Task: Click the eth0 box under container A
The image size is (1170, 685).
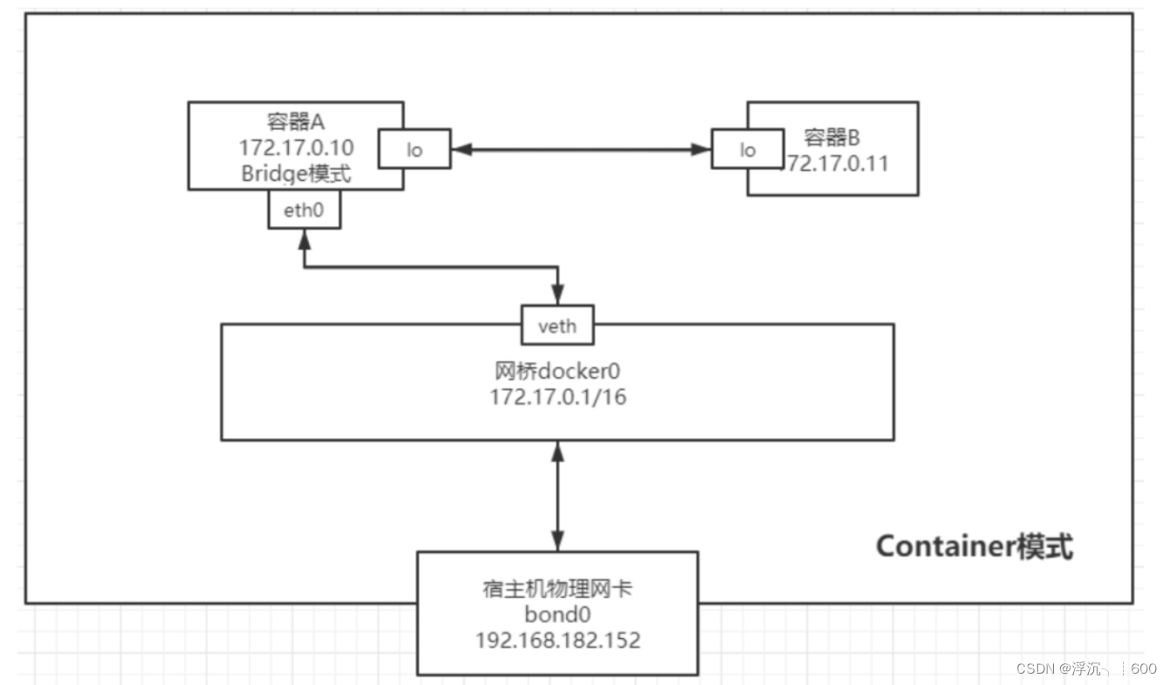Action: pyautogui.click(x=304, y=209)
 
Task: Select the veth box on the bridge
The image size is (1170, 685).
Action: pyautogui.click(x=558, y=325)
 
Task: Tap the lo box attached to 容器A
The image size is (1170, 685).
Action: pyautogui.click(x=414, y=149)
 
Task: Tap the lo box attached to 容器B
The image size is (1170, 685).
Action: pyautogui.click(x=747, y=149)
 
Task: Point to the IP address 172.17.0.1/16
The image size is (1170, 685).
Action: pyautogui.click(x=557, y=397)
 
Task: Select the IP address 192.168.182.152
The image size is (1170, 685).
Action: pyautogui.click(x=558, y=640)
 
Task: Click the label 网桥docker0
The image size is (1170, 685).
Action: pyautogui.click(x=557, y=371)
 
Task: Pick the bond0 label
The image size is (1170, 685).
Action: pyautogui.click(x=558, y=614)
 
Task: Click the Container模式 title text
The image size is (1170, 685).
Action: pyautogui.click(x=974, y=546)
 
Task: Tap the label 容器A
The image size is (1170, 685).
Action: pyautogui.click(x=296, y=120)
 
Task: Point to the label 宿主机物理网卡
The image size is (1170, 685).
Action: pyautogui.click(x=558, y=589)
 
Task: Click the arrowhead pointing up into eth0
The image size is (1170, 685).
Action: pyautogui.click(x=304, y=238)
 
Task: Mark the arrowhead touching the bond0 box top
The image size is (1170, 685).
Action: pyautogui.click(x=558, y=540)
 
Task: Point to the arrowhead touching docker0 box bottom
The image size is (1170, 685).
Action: pyautogui.click(x=558, y=452)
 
